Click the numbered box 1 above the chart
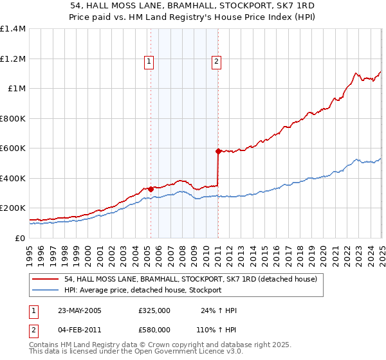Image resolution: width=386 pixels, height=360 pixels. coord(149,62)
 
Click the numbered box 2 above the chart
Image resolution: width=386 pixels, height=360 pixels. coord(217,62)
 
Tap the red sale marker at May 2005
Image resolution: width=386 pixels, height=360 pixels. coord(151,189)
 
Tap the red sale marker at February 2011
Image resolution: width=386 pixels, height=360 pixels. coord(218,152)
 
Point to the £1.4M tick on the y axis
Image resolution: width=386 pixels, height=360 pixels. coord(13,29)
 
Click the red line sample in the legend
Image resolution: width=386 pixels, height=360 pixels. coord(46,280)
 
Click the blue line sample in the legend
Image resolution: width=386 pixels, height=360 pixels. coord(46,291)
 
